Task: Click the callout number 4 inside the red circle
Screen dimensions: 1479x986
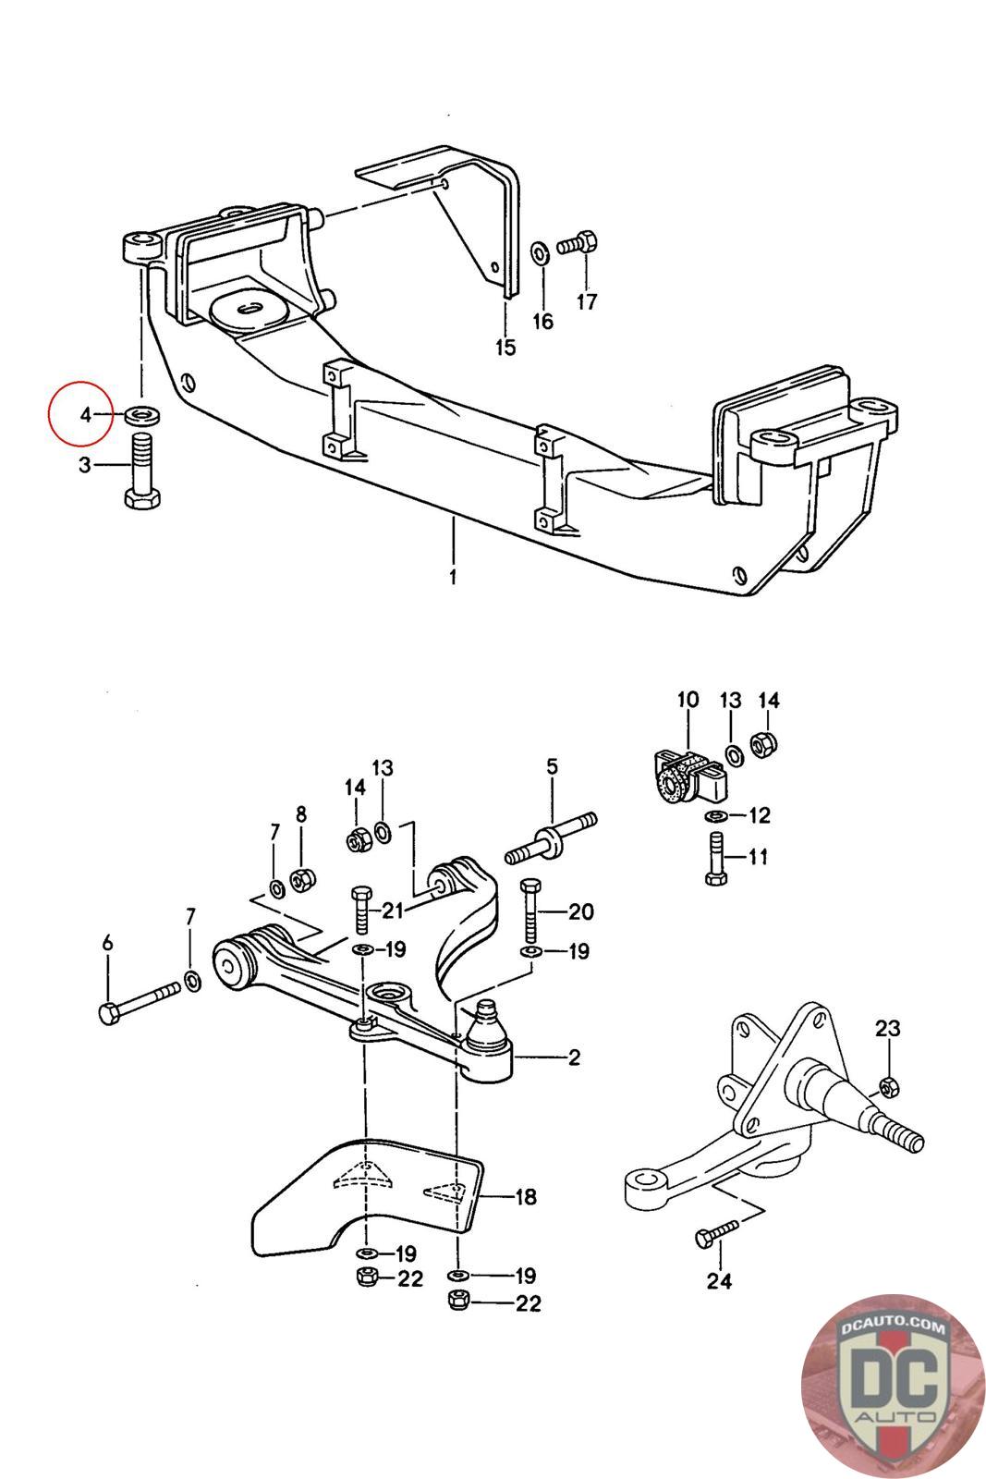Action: (86, 414)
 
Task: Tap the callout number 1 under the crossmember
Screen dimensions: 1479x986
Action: (453, 579)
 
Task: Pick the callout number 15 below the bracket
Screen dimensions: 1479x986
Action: (505, 348)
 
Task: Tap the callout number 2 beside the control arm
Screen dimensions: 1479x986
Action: (574, 1057)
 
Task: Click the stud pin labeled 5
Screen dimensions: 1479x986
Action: (551, 837)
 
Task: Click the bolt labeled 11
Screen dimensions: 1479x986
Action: (715, 860)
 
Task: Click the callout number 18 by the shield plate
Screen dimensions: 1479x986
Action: (525, 1198)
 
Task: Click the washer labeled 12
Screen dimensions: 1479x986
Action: (715, 816)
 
